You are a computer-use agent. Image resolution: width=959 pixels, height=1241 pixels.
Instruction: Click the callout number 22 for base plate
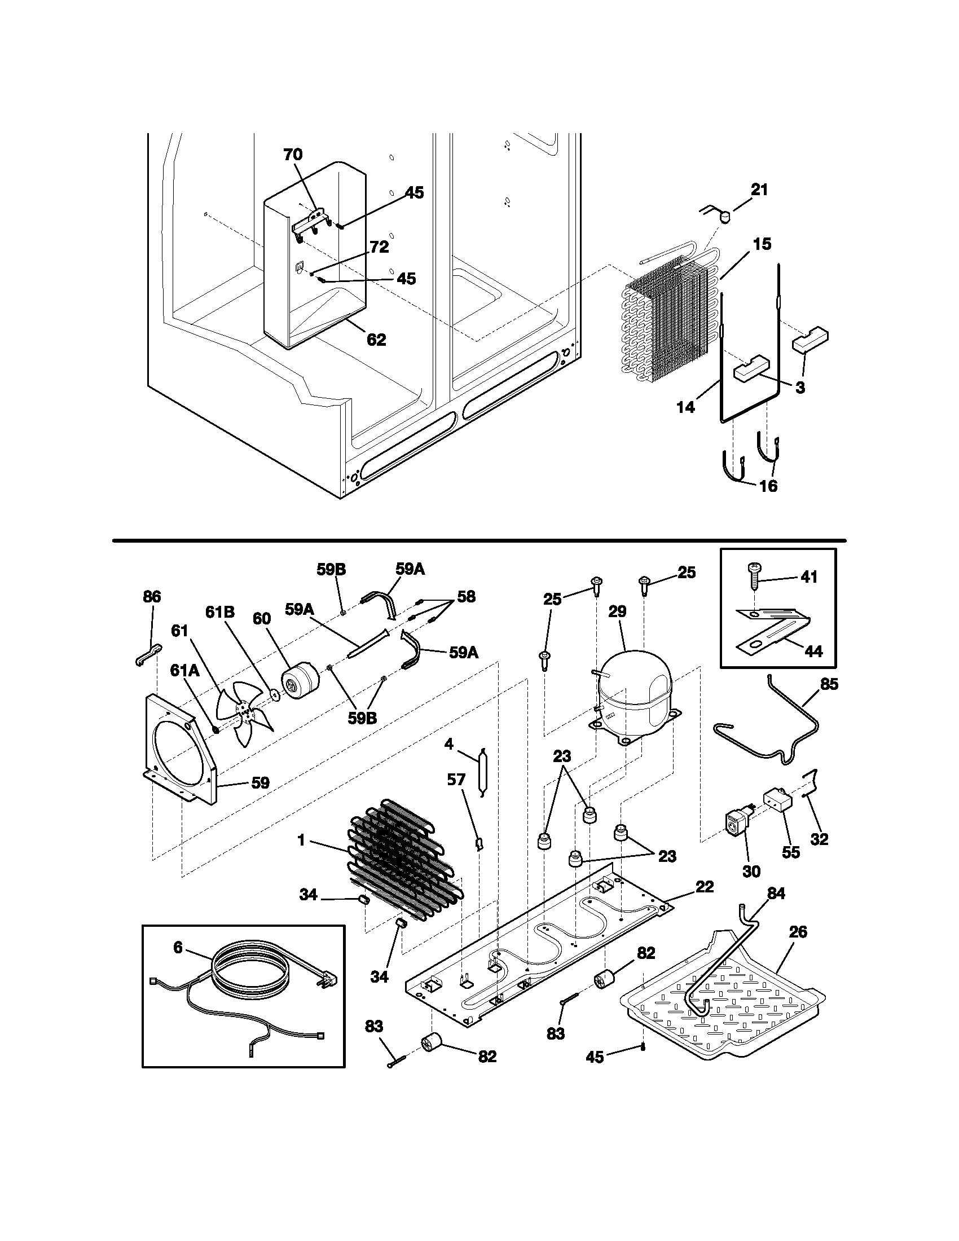(705, 886)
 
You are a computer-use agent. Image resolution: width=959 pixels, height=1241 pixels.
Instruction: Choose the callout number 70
(293, 155)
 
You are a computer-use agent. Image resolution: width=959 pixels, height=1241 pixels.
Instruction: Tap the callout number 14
(687, 407)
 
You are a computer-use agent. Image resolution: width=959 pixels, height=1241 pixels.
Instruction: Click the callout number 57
(456, 780)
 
